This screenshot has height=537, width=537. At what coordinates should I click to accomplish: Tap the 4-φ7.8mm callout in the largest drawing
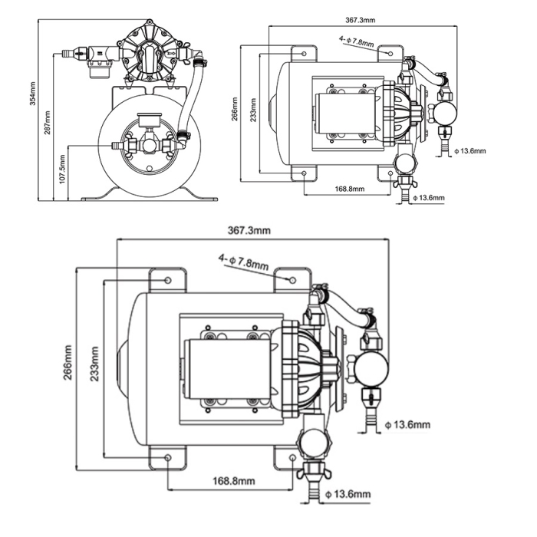pos(243,262)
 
